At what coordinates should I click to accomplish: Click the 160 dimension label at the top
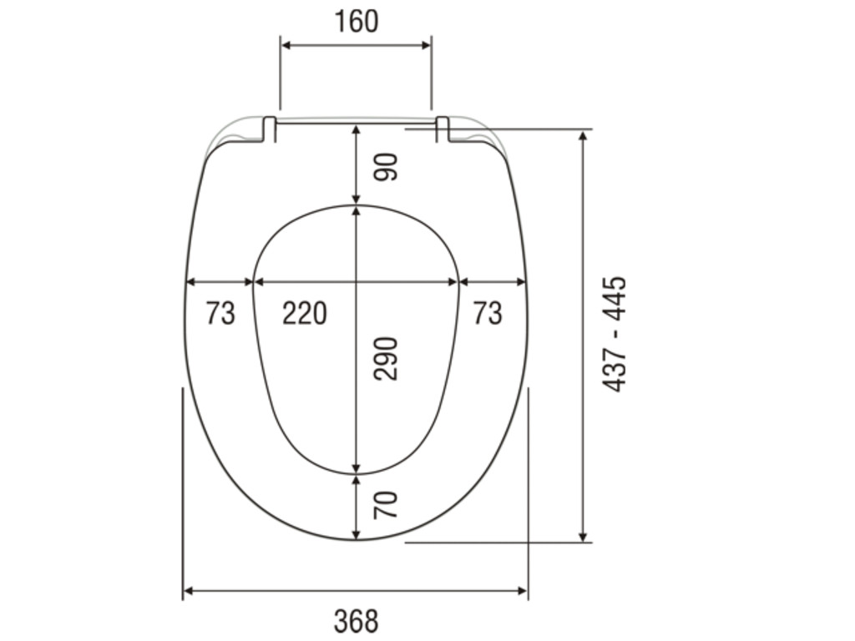pyautogui.click(x=356, y=22)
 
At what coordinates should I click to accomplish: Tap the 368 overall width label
pyautogui.click(x=356, y=621)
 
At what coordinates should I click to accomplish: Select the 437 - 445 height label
pyautogui.click(x=615, y=334)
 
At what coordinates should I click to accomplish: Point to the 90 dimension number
pyautogui.click(x=386, y=167)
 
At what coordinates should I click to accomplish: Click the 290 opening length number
pyautogui.click(x=386, y=358)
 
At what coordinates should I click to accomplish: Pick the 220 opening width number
pyautogui.click(x=305, y=313)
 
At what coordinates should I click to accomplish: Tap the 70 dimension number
pyautogui.click(x=386, y=505)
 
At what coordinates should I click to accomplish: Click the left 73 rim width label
pyautogui.click(x=220, y=313)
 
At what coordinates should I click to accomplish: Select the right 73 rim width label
pyautogui.click(x=488, y=313)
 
